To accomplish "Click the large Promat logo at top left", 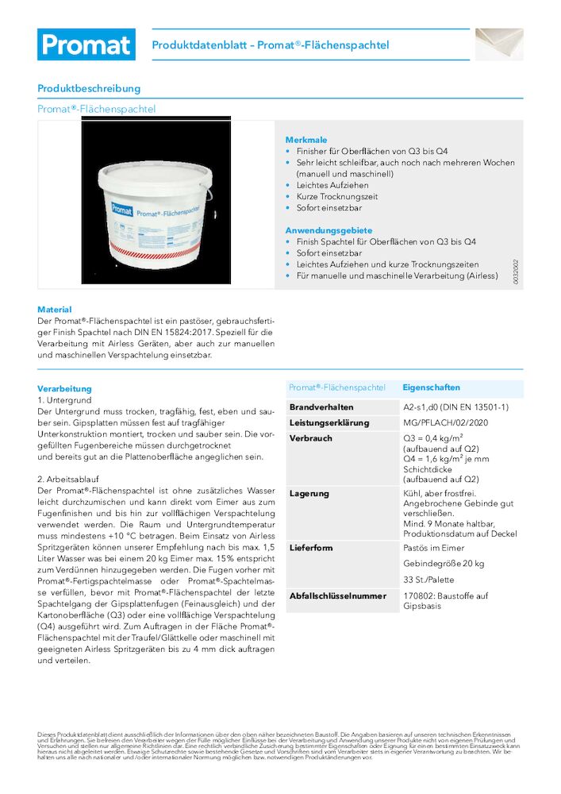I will (86, 44).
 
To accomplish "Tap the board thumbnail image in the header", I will (499, 44).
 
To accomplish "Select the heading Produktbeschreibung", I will (89, 88).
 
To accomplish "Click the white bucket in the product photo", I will (156, 210).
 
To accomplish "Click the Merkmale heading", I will (306, 140).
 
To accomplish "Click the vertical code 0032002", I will (515, 272).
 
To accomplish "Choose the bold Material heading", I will (55, 310).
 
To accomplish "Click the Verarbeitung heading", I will (64, 389).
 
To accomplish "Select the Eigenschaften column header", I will (431, 387).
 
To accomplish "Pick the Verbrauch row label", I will (311, 438).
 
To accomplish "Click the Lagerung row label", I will (309, 494).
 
